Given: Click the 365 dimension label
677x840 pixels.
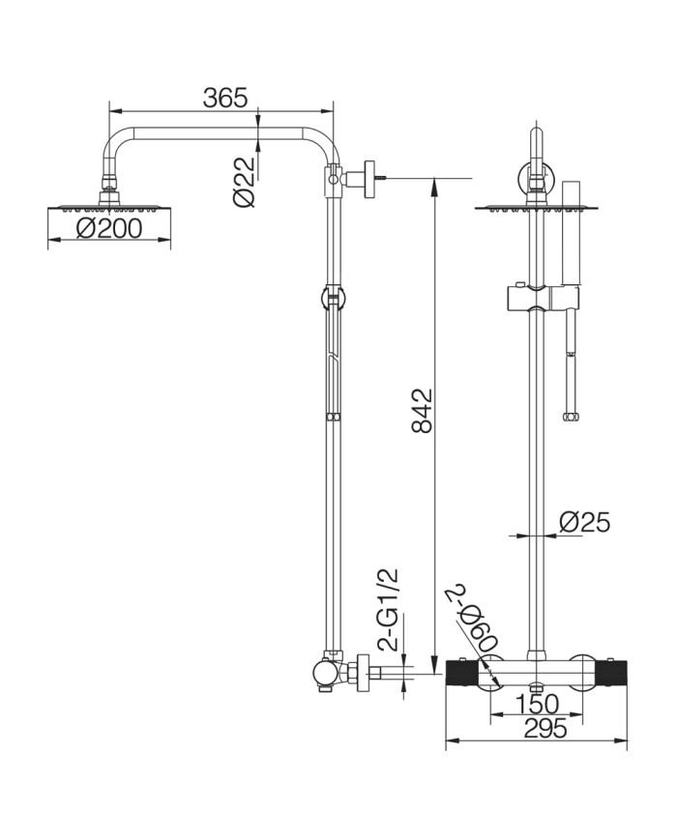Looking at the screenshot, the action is click(x=225, y=98).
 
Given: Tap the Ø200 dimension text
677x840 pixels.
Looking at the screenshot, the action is click(x=109, y=229).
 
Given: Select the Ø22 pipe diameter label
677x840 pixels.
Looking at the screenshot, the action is click(x=245, y=182).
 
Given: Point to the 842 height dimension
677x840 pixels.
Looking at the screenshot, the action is click(x=422, y=411).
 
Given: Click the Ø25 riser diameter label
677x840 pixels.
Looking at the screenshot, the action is click(x=584, y=522).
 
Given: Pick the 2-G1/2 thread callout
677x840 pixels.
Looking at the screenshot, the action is click(x=391, y=609).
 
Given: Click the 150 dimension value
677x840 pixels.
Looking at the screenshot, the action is click(x=537, y=704).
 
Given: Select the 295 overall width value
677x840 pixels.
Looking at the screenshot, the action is click(x=545, y=728).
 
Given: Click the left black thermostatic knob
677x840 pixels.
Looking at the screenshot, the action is click(x=460, y=673).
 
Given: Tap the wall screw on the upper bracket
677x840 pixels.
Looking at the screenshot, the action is click(x=381, y=178).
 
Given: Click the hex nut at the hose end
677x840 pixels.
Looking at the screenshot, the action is click(x=570, y=416).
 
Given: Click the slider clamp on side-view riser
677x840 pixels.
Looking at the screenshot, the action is click(x=334, y=298).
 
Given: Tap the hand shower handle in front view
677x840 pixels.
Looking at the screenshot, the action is click(x=571, y=233).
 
